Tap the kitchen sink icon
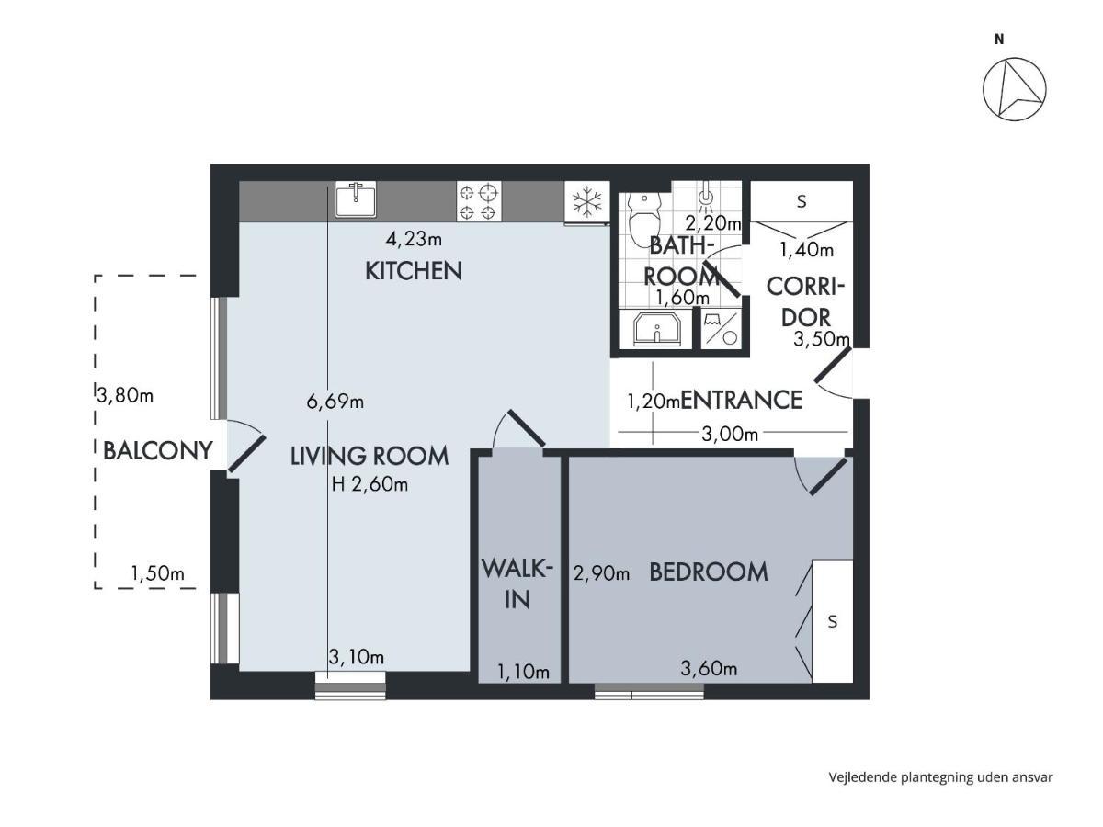coord(356,199)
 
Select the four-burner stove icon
coord(478,201)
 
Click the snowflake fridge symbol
coord(586,201)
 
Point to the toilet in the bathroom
coord(644,220)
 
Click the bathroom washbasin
coord(656,328)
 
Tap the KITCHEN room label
coord(413,271)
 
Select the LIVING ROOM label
coord(370,456)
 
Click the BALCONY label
coord(157,450)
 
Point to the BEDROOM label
coord(709,572)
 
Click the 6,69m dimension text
coord(335,402)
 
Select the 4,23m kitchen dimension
coord(414,239)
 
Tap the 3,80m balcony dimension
coord(125,396)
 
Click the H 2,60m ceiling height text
coord(370,484)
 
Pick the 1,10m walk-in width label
coord(523,672)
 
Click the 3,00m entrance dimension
coord(730,434)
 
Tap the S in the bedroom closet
coord(833,622)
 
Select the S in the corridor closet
coord(802,201)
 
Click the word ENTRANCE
coord(741,401)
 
